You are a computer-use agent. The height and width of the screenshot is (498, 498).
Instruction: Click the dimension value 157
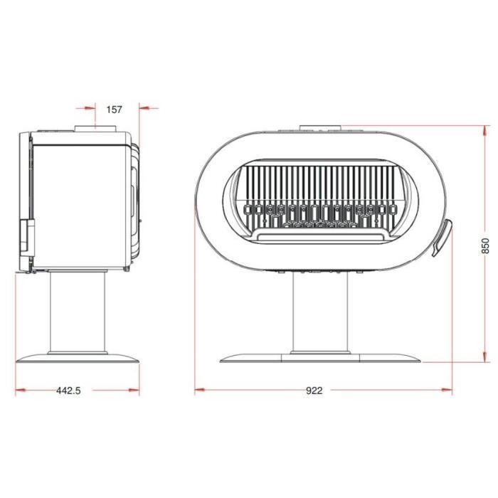click(x=114, y=110)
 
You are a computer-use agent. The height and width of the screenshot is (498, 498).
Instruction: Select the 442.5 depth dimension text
click(x=67, y=391)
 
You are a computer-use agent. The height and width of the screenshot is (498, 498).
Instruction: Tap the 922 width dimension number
click(x=314, y=391)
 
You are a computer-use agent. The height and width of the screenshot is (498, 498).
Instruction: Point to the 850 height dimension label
click(x=486, y=245)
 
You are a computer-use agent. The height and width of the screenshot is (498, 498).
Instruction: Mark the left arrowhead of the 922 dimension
click(x=200, y=391)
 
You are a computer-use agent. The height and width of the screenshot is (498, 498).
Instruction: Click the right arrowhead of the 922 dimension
click(x=447, y=391)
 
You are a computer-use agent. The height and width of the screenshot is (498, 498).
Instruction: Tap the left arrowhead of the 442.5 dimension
click(x=20, y=391)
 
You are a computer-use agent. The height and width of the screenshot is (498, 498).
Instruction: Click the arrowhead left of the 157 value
click(x=90, y=109)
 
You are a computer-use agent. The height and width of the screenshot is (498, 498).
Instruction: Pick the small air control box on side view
click(x=25, y=238)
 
